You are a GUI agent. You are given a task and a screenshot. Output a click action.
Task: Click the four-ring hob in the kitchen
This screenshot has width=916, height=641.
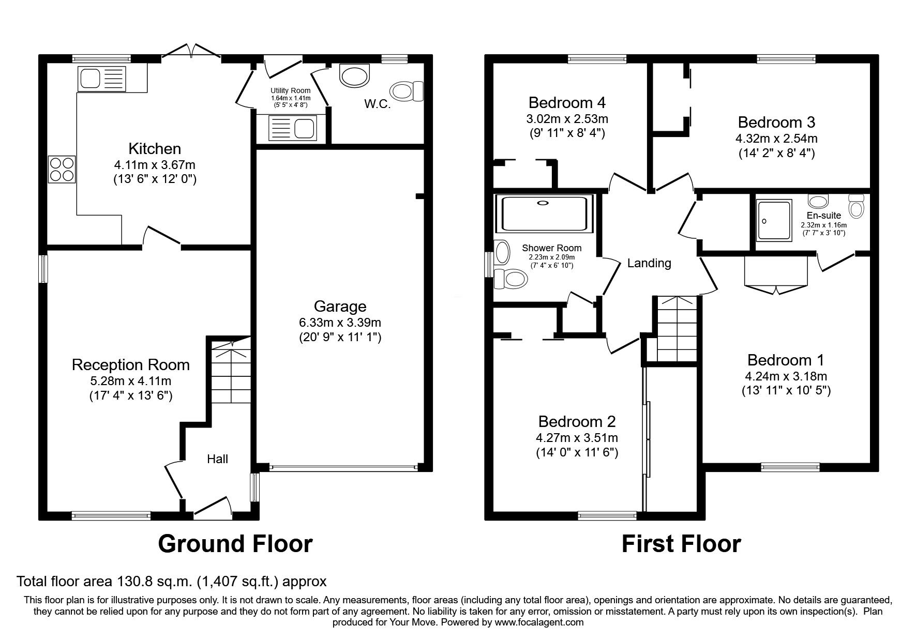pyautogui.click(x=62, y=169)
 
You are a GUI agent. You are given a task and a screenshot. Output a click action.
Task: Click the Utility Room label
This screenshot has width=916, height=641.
pyautogui.click(x=290, y=91)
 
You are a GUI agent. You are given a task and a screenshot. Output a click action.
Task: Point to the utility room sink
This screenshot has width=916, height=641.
pyautogui.click(x=292, y=127)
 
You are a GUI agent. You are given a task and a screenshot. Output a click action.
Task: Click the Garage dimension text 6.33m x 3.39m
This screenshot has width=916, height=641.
pyautogui.click(x=340, y=323)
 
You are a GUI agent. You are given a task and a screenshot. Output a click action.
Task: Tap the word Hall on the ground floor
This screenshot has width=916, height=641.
pyautogui.click(x=217, y=459)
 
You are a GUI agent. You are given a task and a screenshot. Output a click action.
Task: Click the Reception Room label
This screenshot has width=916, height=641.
pyautogui.click(x=130, y=365)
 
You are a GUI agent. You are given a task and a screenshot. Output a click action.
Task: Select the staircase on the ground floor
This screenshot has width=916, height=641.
pyautogui.click(x=230, y=376)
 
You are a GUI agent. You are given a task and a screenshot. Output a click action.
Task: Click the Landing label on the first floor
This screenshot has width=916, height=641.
pyautogui.click(x=649, y=263)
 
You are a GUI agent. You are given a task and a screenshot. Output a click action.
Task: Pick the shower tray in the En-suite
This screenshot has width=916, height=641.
pyautogui.click(x=774, y=221)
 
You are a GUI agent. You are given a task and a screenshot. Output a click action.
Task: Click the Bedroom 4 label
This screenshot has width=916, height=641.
pyautogui.click(x=567, y=102)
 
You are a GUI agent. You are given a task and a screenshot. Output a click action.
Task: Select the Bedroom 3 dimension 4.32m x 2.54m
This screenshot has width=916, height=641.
pyautogui.click(x=776, y=139)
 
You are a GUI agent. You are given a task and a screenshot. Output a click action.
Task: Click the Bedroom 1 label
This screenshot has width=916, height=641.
pyautogui.click(x=786, y=360)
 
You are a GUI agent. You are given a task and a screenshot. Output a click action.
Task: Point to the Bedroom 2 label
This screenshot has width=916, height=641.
pyautogui.click(x=577, y=421)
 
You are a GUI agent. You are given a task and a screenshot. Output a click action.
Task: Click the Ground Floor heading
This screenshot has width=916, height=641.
pyautogui.click(x=235, y=544)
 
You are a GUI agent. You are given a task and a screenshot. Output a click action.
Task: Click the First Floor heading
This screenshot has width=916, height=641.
pyautogui.click(x=681, y=544)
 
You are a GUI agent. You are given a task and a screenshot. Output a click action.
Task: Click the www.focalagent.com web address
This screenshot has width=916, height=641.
pyautogui.click(x=539, y=622)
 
